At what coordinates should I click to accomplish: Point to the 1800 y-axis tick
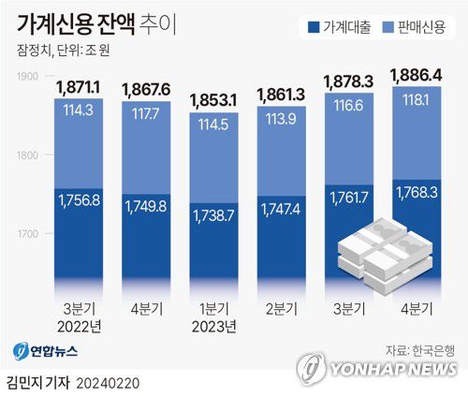pos(28,154)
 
